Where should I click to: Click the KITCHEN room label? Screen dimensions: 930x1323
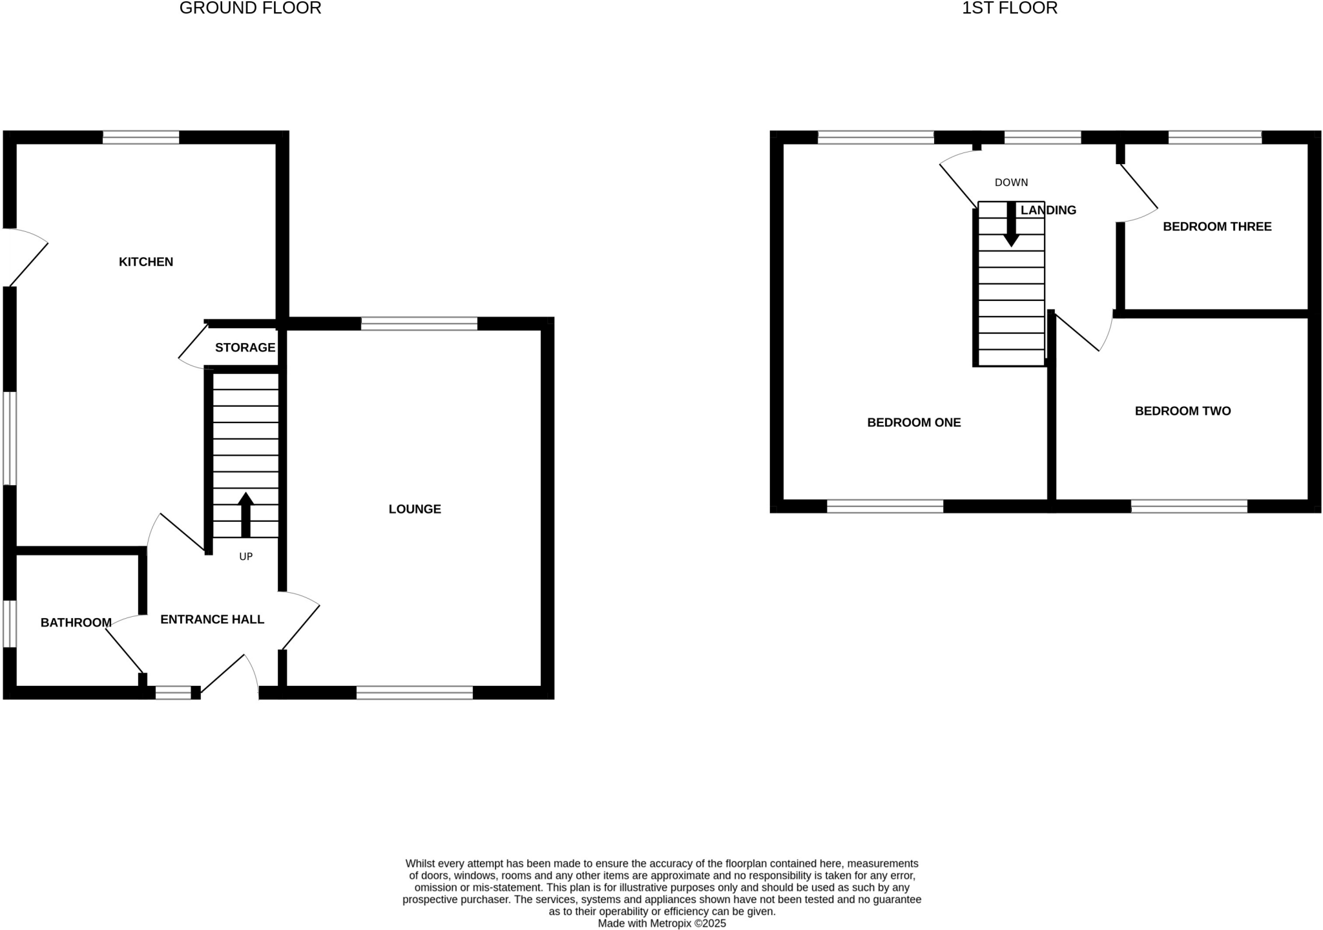(146, 262)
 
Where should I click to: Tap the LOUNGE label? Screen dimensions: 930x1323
(415, 509)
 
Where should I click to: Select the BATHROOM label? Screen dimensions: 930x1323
(76, 623)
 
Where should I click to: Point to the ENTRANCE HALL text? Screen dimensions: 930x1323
(212, 619)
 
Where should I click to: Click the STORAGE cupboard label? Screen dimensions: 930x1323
(245, 347)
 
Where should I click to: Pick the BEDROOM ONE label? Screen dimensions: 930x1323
(913, 422)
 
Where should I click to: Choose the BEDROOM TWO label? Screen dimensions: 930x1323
(1182, 411)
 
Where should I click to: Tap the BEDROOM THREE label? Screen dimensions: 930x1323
(1217, 227)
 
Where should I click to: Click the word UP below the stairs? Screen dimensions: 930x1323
(245, 557)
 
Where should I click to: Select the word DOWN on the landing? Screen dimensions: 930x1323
(1011, 183)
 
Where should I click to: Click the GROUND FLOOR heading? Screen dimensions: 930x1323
(250, 8)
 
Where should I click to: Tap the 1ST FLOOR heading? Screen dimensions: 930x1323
(1010, 8)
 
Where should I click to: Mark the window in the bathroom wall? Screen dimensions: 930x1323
(10, 623)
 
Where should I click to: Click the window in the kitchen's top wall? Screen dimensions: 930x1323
(141, 138)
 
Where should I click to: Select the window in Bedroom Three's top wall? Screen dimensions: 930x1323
(1214, 138)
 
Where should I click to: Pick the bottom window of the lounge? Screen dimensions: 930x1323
(415, 693)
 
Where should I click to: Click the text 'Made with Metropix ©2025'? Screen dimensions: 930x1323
(661, 924)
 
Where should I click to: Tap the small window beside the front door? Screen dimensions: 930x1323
(173, 693)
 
